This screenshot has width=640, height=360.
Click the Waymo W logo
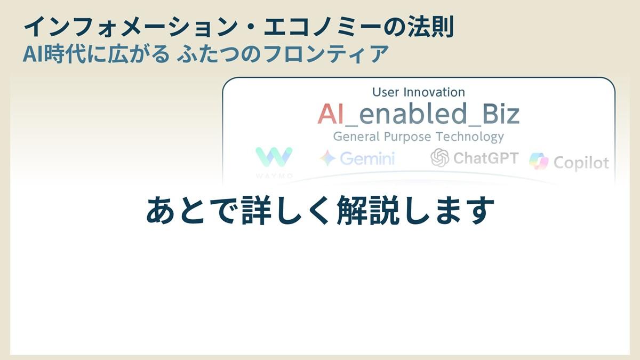coord(274,157)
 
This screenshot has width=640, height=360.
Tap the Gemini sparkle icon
coord(327,158)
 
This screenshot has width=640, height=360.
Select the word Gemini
coord(367,158)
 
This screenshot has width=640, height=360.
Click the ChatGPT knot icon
coord(439,157)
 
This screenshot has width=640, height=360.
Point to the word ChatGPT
coord(486,158)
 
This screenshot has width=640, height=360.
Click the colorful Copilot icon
coord(539,161)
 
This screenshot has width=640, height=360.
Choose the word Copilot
coord(581,163)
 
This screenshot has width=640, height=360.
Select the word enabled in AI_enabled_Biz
coord(413,114)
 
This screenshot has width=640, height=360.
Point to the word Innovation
coord(434,92)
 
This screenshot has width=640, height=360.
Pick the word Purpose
coord(407,137)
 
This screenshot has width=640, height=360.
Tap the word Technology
coord(470,137)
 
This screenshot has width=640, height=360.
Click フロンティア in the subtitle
coord(326,54)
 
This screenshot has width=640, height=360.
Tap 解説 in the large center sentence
coord(368,210)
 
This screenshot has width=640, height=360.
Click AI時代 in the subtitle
coord(54,54)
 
